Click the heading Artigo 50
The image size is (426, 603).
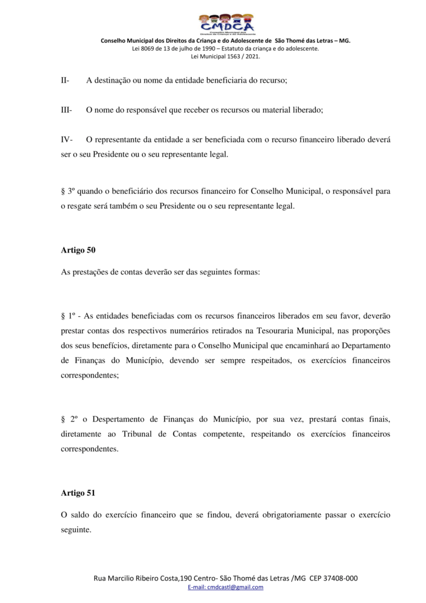click(78, 250)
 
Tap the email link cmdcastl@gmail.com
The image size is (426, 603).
click(225, 587)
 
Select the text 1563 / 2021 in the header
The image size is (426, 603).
click(244, 57)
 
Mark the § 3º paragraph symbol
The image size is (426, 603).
click(67, 191)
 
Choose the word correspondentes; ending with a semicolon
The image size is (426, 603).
click(89, 373)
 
